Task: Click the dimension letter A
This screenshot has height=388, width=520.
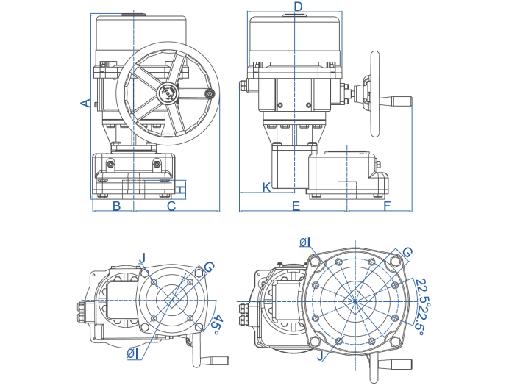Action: coord(85,103)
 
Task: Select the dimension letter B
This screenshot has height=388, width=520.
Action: coord(116,206)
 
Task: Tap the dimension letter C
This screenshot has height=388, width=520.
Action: coord(171,206)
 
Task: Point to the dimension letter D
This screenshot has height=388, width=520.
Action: coord(298,7)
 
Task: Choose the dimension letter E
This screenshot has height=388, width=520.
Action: coord(296,206)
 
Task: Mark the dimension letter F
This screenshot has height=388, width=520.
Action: coord(387,206)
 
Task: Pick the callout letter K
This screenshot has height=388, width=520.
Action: coord(266,187)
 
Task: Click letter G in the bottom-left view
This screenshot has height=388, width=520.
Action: coord(208,267)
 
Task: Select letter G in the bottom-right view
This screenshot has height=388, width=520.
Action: coord(407,253)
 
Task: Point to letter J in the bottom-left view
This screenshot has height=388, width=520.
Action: coord(143,258)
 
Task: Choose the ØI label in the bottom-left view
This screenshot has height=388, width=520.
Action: coord(133,353)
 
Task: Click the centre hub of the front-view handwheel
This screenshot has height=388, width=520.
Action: coord(168,93)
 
